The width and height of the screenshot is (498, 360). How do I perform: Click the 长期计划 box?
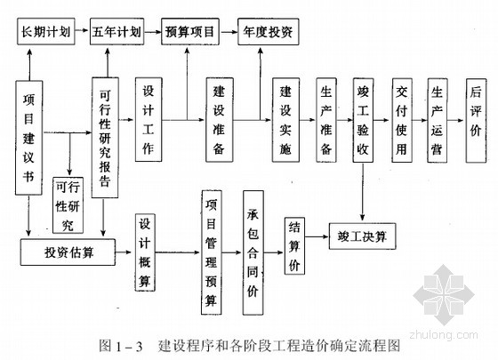pyautogui.click(x=46, y=31)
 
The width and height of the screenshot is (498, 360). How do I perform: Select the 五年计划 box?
pyautogui.click(x=116, y=31)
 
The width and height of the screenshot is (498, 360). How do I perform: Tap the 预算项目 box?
pyautogui.click(x=190, y=31)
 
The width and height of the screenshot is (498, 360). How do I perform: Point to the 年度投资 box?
pyautogui.click(x=269, y=31)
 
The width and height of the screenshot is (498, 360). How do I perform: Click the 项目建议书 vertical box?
pyautogui.click(x=28, y=138)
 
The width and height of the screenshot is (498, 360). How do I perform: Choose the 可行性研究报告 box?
pyautogui.click(x=105, y=138)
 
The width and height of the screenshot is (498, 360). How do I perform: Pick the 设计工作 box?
pyautogui.click(x=149, y=120)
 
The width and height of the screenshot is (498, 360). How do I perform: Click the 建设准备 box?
pyautogui.click(x=220, y=120)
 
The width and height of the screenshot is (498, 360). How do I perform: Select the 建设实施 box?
pyautogui.click(x=285, y=120)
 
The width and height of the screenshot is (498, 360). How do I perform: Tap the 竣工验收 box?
pyautogui.click(x=363, y=120)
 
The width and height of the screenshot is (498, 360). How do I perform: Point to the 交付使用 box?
pyautogui.click(x=402, y=120)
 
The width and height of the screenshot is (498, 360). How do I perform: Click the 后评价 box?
pyautogui.click(x=476, y=120)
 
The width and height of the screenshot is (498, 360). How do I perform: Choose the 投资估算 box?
pyautogui.click(x=68, y=252)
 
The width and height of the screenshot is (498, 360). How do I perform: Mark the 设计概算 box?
pyautogui.click(x=145, y=252)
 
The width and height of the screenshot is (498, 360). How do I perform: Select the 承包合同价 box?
pyautogui.click(x=253, y=252)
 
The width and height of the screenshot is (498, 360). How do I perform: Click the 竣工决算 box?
pyautogui.click(x=363, y=236)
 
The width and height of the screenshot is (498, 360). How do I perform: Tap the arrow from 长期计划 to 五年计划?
pyautogui.click(x=82, y=30)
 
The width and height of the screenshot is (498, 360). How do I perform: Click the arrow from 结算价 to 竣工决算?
pyautogui.click(x=317, y=236)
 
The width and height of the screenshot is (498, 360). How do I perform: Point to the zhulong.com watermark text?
pyautogui.click(x=444, y=335)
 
